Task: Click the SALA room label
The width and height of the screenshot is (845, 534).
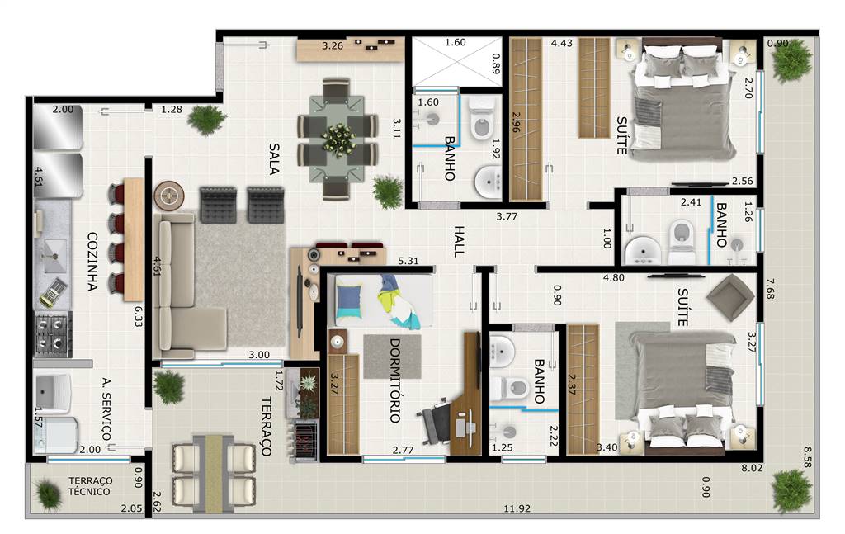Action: pyautogui.click(x=274, y=159)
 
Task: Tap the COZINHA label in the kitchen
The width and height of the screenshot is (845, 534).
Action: pyautogui.click(x=92, y=262)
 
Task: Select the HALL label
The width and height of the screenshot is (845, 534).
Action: pyautogui.click(x=459, y=241)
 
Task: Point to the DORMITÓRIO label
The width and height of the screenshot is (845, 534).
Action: pyautogui.click(x=395, y=380)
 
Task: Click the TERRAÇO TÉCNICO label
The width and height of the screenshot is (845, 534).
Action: pyautogui.click(x=90, y=486)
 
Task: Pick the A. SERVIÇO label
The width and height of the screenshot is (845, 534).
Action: pyautogui.click(x=106, y=409)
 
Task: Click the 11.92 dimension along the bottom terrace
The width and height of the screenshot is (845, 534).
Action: pyautogui.click(x=517, y=508)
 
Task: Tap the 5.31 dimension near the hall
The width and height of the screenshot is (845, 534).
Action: pyautogui.click(x=408, y=261)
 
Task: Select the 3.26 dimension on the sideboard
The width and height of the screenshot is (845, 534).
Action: pyautogui.click(x=333, y=45)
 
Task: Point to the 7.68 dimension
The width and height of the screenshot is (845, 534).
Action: pyautogui.click(x=770, y=289)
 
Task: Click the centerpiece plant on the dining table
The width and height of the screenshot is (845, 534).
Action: pyautogui.click(x=338, y=139)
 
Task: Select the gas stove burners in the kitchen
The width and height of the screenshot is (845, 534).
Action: pyautogui.click(x=53, y=334)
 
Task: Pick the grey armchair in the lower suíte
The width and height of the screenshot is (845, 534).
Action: pyautogui.click(x=730, y=297)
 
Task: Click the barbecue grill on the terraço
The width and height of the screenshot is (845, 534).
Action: pyautogui.click(x=306, y=441)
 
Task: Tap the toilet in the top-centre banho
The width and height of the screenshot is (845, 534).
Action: pyautogui.click(x=482, y=120)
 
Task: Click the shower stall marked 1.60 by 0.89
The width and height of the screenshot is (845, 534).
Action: pyautogui.click(x=457, y=61)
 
